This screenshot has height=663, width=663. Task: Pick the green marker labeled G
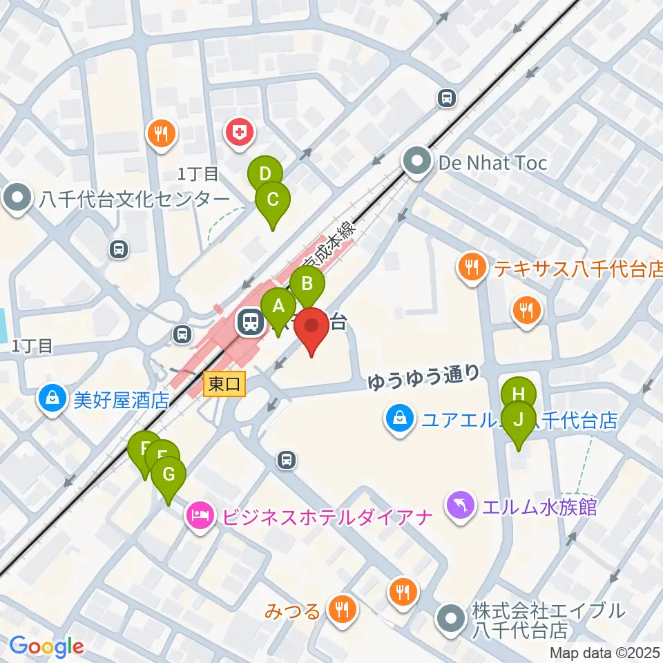point(169,476)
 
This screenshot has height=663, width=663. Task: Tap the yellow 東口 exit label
point(225,385)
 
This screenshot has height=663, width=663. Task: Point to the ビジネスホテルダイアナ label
point(325,516)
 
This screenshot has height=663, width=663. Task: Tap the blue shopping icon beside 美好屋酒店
point(52,398)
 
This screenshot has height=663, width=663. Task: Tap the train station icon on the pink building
point(249,322)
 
